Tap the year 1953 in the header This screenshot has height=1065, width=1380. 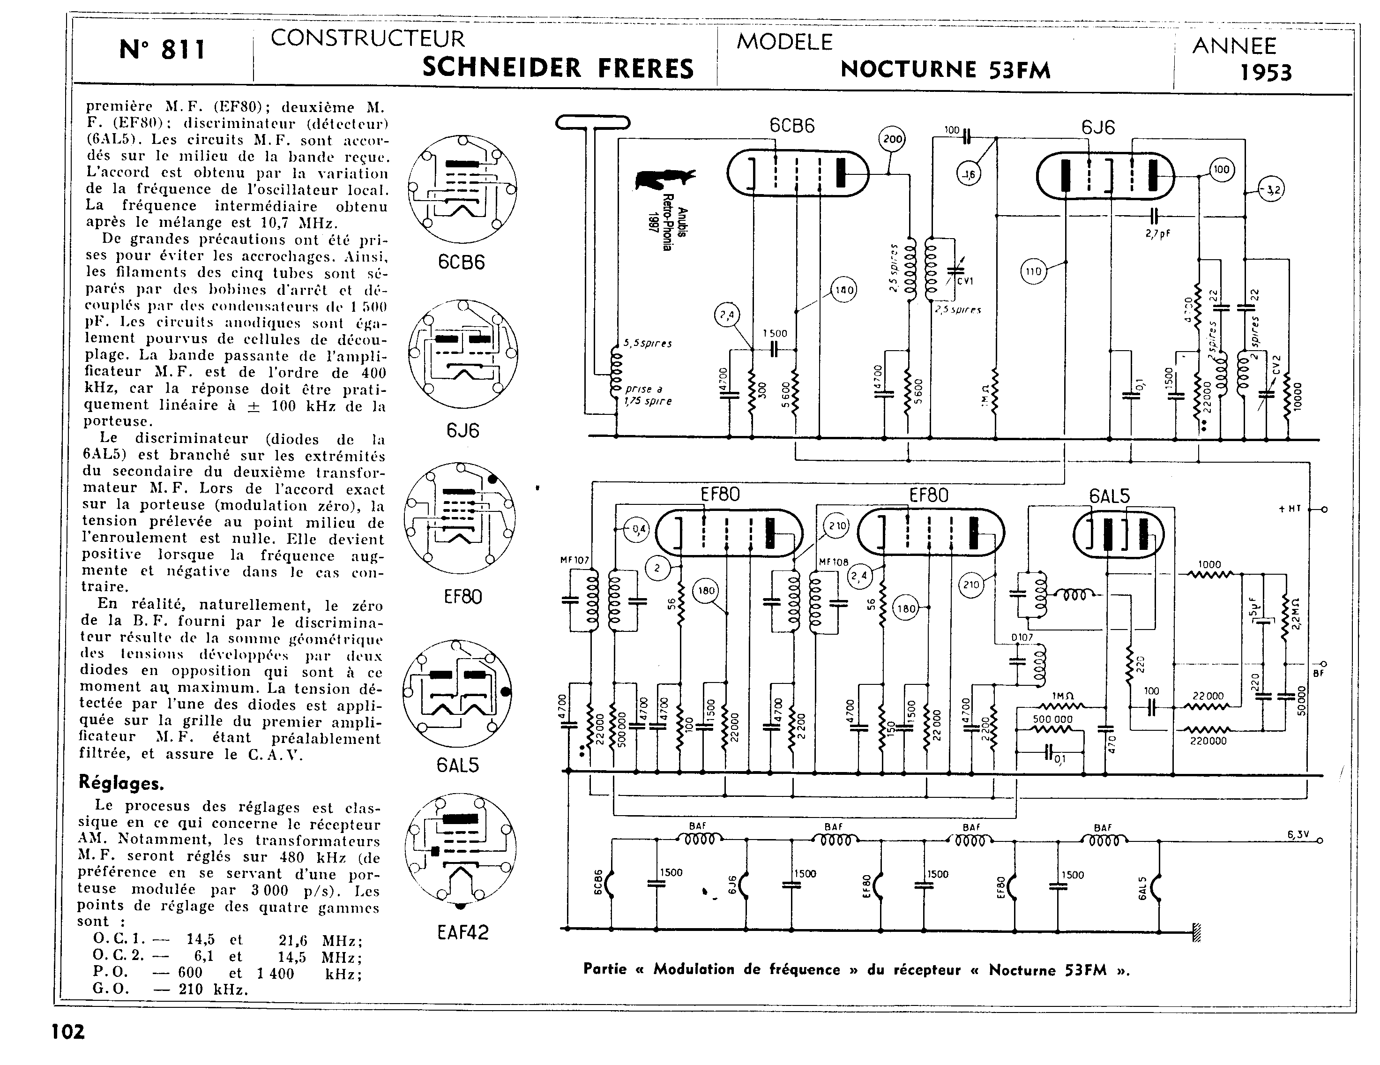coord(1266,73)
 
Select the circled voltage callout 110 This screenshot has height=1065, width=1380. coord(1033,272)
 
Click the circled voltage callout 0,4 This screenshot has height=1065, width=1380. coord(638,530)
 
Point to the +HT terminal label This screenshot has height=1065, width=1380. coord(1290,509)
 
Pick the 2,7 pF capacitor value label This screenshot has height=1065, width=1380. coord(1157,233)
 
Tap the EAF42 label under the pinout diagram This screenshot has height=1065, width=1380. coord(462,933)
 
